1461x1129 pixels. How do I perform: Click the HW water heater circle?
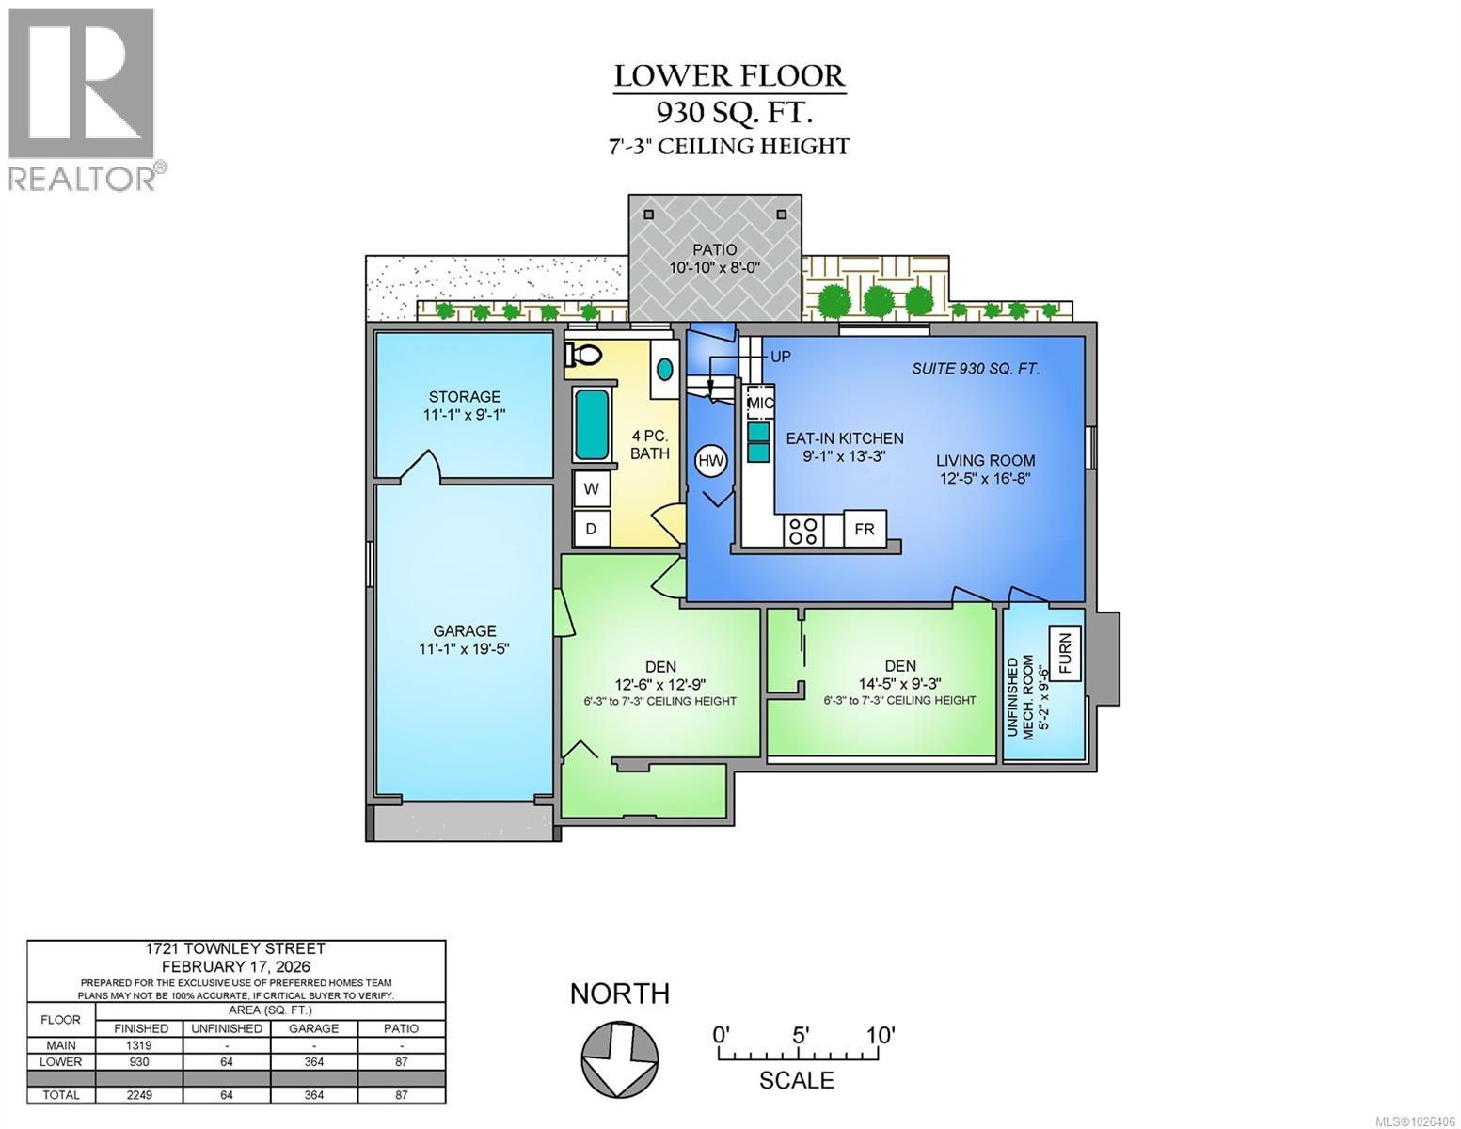pos(712,461)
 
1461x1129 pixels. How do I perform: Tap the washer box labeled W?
pos(592,489)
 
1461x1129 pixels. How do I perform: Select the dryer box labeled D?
pos(592,529)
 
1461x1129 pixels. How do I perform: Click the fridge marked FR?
pos(865,529)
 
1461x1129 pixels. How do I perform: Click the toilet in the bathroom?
pos(583,355)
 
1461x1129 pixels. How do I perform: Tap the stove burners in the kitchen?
pos(802,531)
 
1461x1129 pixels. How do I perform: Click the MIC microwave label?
pos(760,404)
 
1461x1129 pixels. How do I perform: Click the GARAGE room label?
pos(464,631)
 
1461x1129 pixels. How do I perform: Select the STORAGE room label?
pos(465,397)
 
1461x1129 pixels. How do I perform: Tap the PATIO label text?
pos(715,250)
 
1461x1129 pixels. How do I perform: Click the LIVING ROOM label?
pos(985,461)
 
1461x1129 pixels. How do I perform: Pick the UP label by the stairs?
pos(781,358)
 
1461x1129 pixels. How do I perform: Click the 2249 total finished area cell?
pos(140,1095)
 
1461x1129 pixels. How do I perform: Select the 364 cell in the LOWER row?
pos(314,1061)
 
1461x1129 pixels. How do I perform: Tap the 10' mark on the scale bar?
pos(880,1035)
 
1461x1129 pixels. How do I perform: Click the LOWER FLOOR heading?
pos(729,75)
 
